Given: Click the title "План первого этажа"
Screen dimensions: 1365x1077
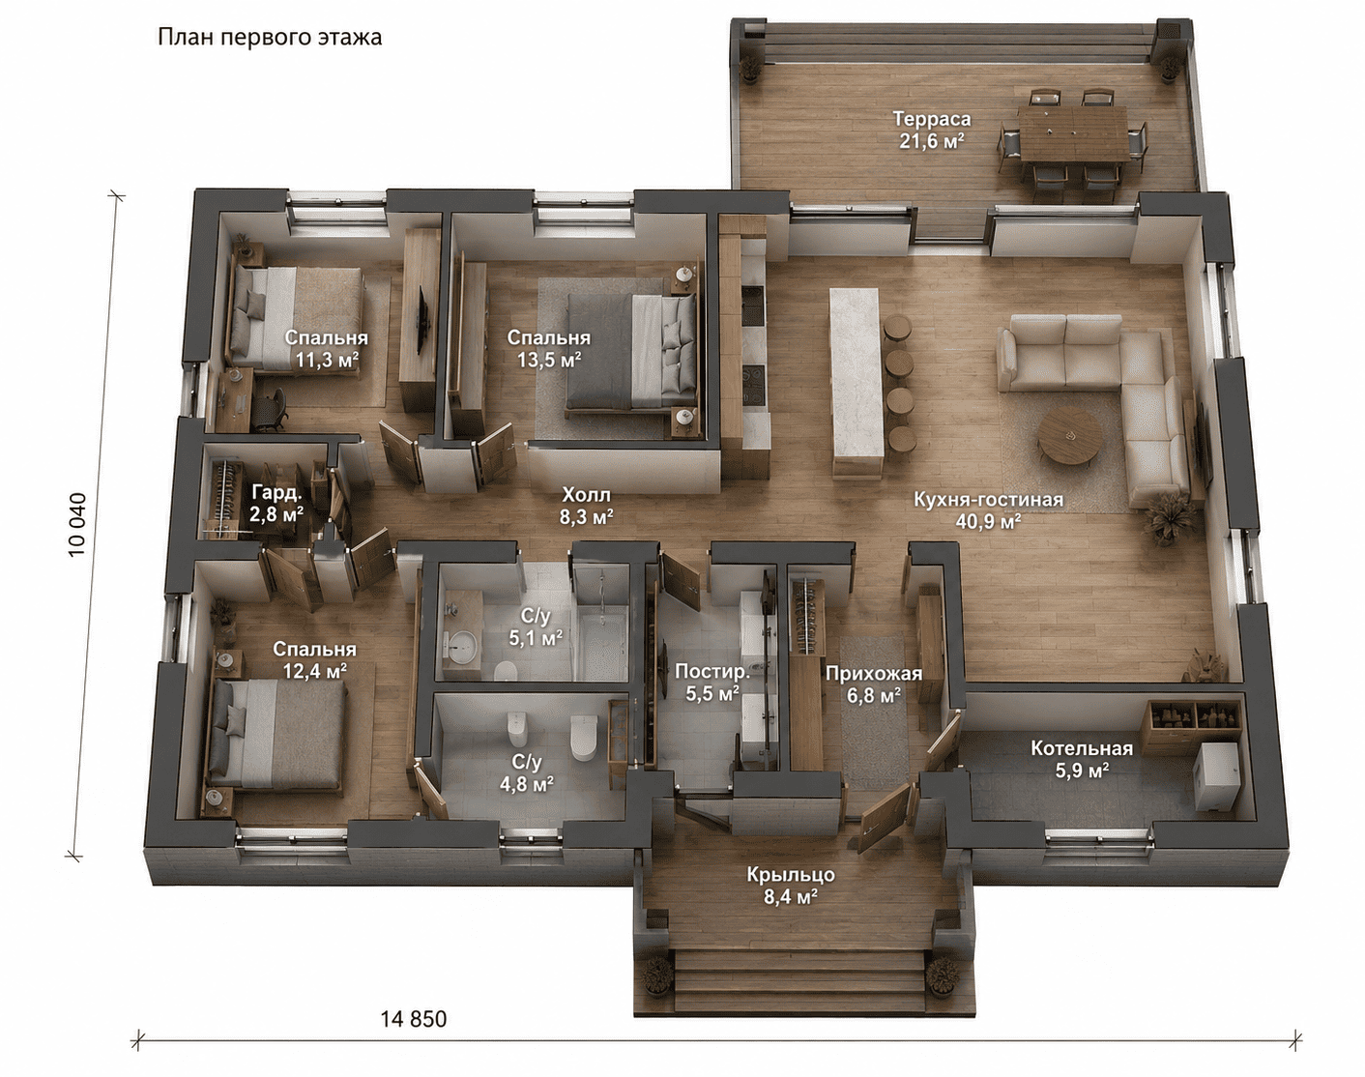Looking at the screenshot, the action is pyautogui.click(x=270, y=38).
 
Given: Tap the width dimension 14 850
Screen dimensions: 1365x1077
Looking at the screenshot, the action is pyautogui.click(x=414, y=1019).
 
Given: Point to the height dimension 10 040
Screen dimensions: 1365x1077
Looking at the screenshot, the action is pyautogui.click(x=76, y=525).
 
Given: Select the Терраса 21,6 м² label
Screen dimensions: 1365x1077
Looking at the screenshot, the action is pyautogui.click(x=932, y=130).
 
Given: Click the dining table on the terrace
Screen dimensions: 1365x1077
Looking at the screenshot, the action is pyautogui.click(x=1073, y=133).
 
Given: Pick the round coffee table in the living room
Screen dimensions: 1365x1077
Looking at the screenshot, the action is pyautogui.click(x=1069, y=436).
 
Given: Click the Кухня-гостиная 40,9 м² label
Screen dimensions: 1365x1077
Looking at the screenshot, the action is pyautogui.click(x=988, y=509).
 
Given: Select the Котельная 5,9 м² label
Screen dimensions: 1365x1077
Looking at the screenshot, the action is pyautogui.click(x=1082, y=759).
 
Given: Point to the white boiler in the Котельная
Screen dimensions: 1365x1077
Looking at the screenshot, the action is pyautogui.click(x=1216, y=775).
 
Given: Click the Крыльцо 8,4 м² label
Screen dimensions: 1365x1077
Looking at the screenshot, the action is pyautogui.click(x=791, y=886).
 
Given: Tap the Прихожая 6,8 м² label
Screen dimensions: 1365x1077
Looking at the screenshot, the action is pyautogui.click(x=873, y=684).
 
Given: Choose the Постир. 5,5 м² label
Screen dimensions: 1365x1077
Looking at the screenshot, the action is pyautogui.click(x=712, y=683).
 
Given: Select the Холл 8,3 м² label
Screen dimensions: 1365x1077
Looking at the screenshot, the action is pyautogui.click(x=586, y=506).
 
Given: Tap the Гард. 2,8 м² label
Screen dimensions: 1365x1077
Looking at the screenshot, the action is pyautogui.click(x=276, y=503).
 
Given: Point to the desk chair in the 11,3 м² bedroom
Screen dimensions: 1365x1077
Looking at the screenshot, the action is pyautogui.click(x=272, y=408).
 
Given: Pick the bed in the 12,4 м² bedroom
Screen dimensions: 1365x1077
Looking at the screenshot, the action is pyautogui.click(x=276, y=734).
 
